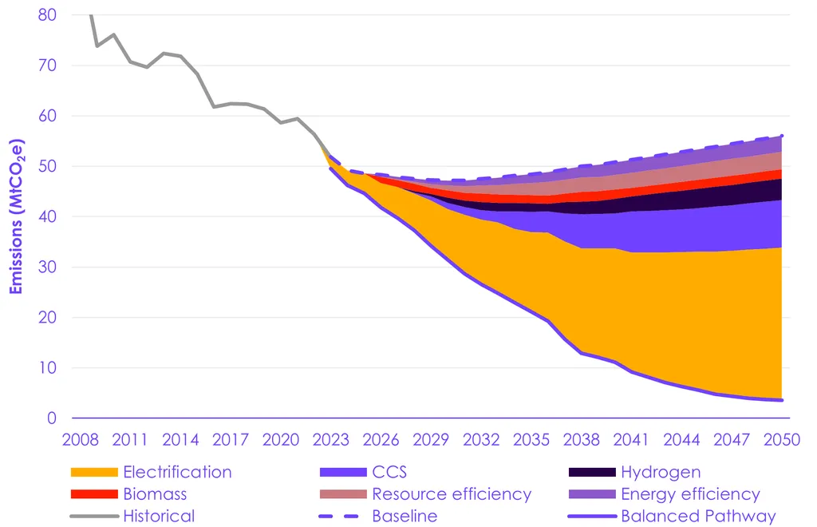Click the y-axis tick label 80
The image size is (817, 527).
click(47, 15)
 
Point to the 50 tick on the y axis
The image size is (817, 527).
click(47, 166)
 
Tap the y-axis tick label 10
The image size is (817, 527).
click(47, 368)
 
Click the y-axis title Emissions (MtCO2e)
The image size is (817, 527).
click(16, 216)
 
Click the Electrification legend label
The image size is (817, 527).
click(177, 472)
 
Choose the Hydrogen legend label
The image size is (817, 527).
click(661, 472)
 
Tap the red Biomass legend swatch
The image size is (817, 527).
click(93, 494)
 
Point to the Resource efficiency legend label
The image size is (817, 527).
click(451, 494)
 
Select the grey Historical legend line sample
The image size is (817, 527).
click(93, 516)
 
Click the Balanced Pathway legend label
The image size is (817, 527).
click(698, 516)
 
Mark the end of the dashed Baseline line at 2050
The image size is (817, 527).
click(782, 136)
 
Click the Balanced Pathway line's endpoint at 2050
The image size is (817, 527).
click(782, 400)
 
